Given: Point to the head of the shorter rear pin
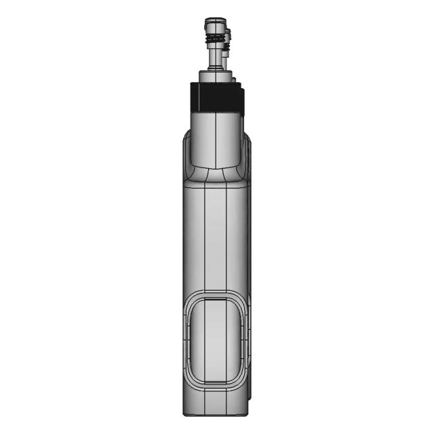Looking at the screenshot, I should [229, 34].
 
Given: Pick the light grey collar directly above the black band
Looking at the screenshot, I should [216, 76].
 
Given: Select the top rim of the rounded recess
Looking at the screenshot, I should [216, 295].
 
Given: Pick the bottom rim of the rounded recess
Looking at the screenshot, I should [216, 387].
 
